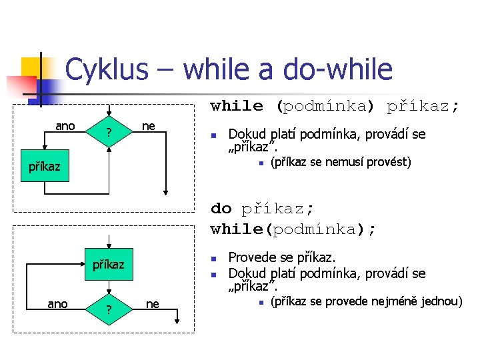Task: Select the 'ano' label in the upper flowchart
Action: point(65,126)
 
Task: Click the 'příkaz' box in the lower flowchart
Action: point(108,264)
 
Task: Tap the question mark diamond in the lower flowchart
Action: point(109,310)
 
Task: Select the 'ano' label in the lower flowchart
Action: point(57,304)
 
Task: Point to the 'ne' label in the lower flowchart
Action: point(153,304)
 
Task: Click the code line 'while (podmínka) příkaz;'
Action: point(335,106)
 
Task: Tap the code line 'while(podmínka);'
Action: point(293,229)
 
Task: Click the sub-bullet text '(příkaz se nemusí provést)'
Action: point(340,162)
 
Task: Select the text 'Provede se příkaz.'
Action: point(283,257)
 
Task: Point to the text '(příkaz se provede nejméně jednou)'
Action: point(366,302)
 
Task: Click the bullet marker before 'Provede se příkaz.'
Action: point(213,258)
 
